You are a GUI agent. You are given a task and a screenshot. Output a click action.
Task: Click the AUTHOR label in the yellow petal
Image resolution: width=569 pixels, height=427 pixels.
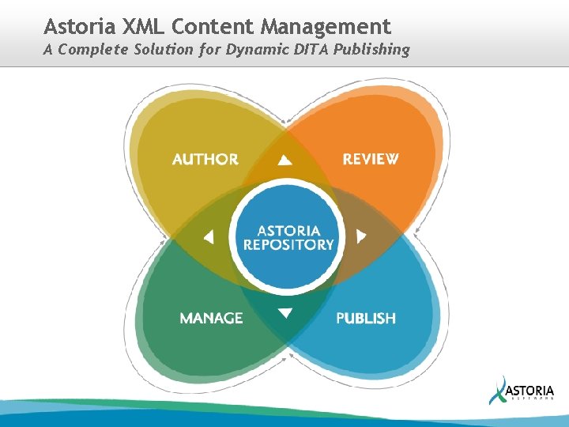pos(205,159)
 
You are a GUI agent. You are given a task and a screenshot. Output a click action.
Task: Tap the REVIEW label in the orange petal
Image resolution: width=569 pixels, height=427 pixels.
pos(371,159)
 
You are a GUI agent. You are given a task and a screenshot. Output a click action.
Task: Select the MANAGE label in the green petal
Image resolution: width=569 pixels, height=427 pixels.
pos(211,318)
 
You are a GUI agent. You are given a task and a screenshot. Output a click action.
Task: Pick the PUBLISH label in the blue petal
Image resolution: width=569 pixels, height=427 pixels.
pos(366,318)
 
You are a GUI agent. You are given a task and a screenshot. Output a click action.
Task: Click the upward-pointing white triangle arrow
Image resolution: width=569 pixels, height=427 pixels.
pos(285,160)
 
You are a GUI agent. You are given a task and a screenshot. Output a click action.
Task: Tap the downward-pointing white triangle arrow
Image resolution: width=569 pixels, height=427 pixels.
pos(285,313)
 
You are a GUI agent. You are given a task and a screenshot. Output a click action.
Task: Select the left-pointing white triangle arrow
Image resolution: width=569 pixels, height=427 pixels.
pos(209,236)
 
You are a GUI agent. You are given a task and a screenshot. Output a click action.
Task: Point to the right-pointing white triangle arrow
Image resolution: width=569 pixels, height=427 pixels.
pos(361,236)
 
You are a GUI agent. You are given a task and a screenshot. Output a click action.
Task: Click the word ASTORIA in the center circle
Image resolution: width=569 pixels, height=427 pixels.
pos(288,230)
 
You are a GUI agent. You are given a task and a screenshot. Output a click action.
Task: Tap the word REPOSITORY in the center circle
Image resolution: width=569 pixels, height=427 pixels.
pos(288,244)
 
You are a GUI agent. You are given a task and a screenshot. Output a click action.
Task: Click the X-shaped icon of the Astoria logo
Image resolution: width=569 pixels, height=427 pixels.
pos(498,390)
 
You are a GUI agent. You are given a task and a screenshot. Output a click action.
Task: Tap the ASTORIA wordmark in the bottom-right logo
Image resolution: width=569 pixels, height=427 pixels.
pos(529,391)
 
